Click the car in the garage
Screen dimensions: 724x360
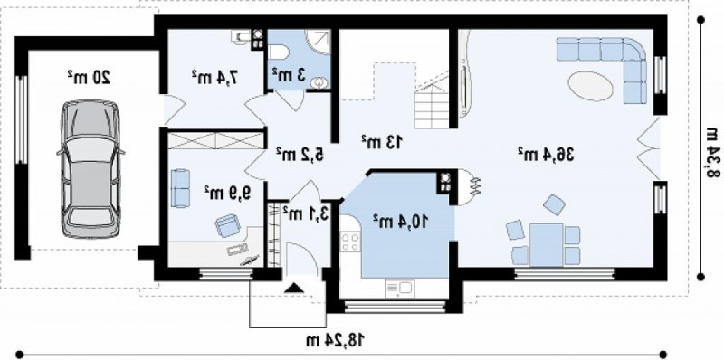(x=91, y=169)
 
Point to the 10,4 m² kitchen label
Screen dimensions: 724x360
(x=400, y=221)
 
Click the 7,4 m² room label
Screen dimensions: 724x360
(x=215, y=78)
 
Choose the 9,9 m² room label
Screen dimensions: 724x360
(x=227, y=193)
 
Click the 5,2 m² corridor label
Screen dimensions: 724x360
(x=300, y=154)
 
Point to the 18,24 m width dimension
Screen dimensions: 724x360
(x=336, y=340)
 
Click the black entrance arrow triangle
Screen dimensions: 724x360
(x=294, y=289)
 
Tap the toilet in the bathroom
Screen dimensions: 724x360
(x=279, y=52)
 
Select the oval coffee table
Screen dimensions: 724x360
(x=590, y=86)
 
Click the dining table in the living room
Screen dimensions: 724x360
(x=547, y=245)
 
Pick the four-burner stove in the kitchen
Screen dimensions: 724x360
(x=350, y=242)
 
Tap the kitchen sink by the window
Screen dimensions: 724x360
(x=399, y=289)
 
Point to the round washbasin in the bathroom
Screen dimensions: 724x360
(x=319, y=83)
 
